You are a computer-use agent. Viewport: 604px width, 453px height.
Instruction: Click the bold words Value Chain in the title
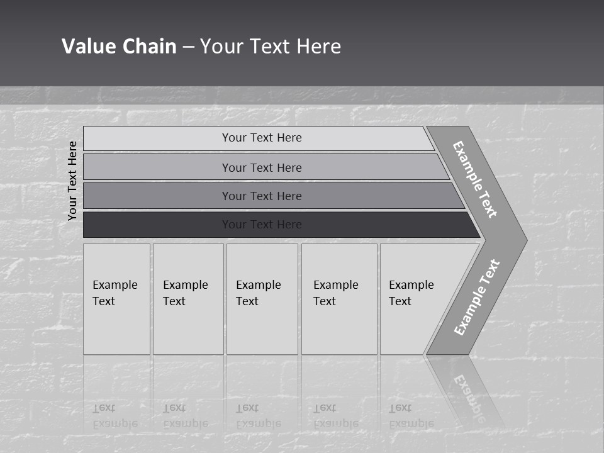point(119,46)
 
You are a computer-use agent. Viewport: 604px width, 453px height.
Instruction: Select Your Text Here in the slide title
point(271,46)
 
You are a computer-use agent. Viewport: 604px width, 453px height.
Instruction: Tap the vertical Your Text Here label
point(72,181)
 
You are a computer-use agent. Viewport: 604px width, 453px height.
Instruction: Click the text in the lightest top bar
point(262,138)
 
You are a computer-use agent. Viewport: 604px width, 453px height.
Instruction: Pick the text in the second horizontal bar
point(262,167)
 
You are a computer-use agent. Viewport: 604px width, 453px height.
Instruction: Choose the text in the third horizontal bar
point(262,196)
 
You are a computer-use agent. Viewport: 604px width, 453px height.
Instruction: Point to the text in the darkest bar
point(262,225)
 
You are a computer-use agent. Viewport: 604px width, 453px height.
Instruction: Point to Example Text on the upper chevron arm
point(475,179)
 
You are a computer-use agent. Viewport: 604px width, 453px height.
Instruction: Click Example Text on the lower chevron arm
point(477,298)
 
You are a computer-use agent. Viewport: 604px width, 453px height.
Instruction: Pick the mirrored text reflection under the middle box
point(258,416)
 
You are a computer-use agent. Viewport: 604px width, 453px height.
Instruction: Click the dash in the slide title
point(188,47)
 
